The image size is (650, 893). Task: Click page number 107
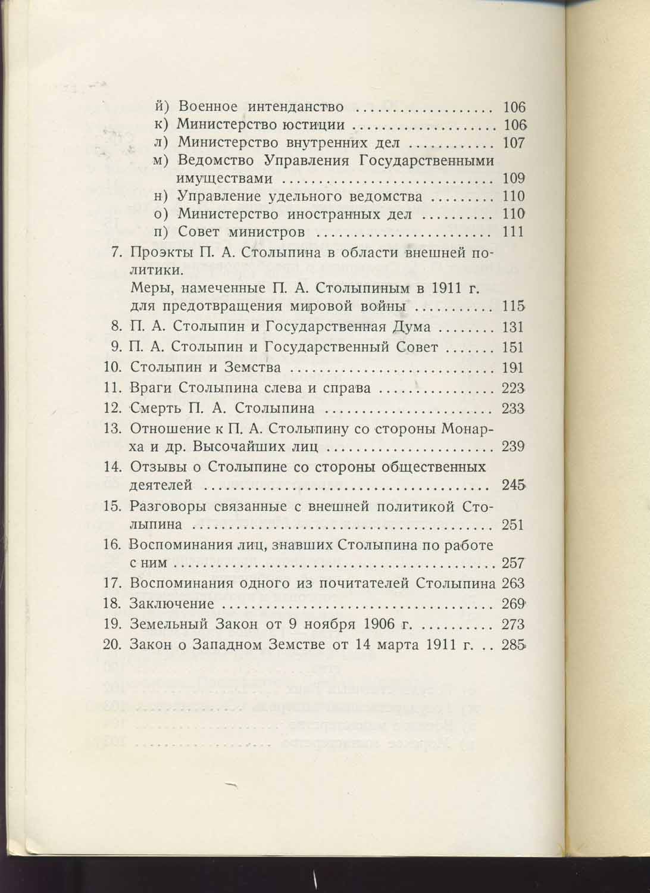[513, 143]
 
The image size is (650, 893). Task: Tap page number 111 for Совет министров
[513, 232]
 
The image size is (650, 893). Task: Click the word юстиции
[318, 125]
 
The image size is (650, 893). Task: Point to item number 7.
[117, 252]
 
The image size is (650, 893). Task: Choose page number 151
[513, 348]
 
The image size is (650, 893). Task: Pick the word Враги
[149, 389]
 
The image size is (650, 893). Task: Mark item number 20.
[112, 645]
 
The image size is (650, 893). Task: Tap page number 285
[513, 645]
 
